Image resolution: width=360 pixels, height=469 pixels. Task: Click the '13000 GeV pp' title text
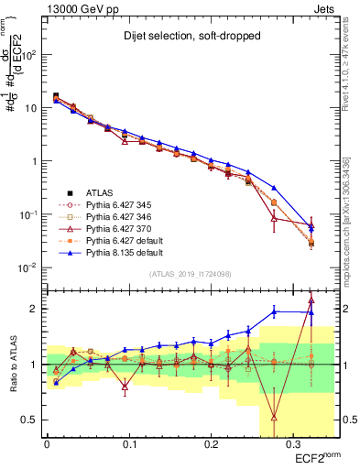pyautogui.click(x=80, y=7)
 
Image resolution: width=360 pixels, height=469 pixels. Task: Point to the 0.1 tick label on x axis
pyautogui.click(x=129, y=442)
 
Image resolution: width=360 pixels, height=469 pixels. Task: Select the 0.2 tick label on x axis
pyautogui.click(x=210, y=442)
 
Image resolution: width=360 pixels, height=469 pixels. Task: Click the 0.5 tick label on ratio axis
pyautogui.click(x=32, y=420)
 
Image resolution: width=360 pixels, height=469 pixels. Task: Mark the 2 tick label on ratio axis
pyautogui.click(x=37, y=309)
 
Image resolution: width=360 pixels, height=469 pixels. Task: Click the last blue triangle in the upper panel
pyautogui.click(x=311, y=225)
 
